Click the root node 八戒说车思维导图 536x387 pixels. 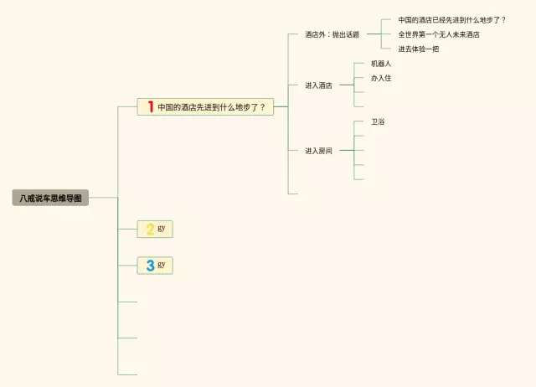pos(50,199)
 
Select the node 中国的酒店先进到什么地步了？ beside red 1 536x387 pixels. pos(211,107)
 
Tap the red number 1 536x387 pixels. pos(150,106)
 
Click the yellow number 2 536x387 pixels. pos(150,229)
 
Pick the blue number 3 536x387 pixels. pos(150,266)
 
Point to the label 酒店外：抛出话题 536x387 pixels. pos(332,35)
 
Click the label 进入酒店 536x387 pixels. pos(318,85)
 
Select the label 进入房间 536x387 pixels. pos(318,151)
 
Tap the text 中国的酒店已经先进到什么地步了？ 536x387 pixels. pos(451,19)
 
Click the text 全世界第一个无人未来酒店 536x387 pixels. pos(438,34)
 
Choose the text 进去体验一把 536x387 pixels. pos(418,49)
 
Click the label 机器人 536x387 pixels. pos(381,64)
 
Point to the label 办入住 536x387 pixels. pos(381,78)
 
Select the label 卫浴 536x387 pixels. pos(378,121)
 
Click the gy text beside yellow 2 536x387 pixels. pos(162,228)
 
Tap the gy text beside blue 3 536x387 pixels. pos(162,265)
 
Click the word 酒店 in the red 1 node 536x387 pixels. pos(189,107)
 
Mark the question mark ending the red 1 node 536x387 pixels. pos(262,107)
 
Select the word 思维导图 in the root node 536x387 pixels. pos(66,199)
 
